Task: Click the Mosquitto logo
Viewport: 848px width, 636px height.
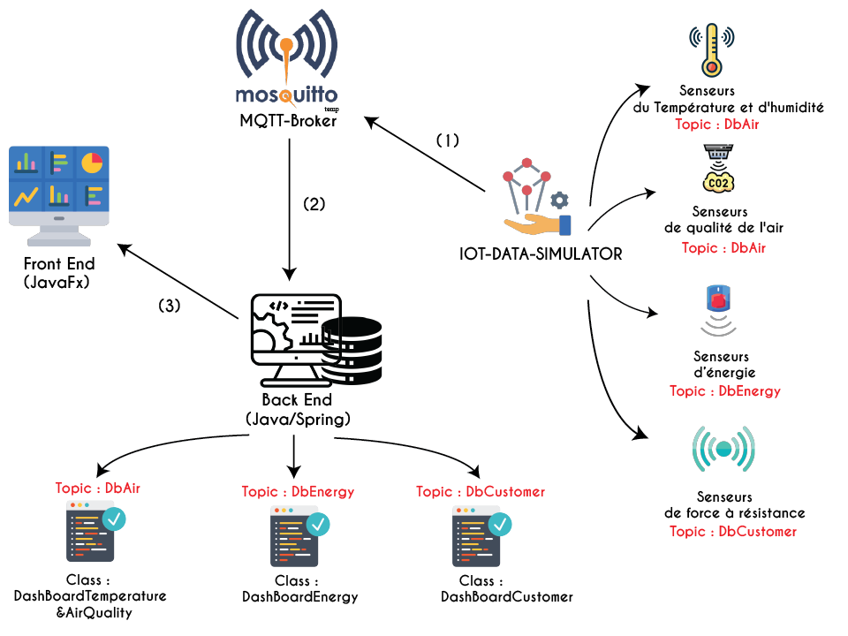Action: [287, 57]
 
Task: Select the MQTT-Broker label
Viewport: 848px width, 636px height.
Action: [288, 121]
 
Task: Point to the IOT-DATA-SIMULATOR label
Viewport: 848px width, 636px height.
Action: [541, 254]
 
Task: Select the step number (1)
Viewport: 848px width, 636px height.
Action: [448, 140]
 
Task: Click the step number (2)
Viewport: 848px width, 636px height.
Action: [314, 203]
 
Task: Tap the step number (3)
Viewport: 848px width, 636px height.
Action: [170, 306]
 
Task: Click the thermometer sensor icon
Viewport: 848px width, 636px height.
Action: [711, 49]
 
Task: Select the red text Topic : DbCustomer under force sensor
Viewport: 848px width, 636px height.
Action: [733, 531]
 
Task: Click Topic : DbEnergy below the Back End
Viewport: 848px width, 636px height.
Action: [298, 491]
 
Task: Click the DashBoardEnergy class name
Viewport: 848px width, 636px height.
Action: [300, 597]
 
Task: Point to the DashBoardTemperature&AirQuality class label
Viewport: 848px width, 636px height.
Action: [90, 604]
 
